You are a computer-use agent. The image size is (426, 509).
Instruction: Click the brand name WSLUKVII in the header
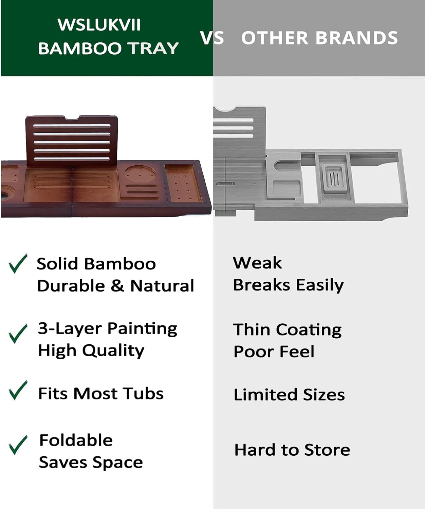point(99,25)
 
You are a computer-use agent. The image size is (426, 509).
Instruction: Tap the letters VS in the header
point(212,38)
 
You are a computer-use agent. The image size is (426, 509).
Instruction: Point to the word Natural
point(162,286)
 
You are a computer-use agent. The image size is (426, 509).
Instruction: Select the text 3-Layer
point(70,328)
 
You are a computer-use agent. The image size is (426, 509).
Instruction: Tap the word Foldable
point(76,440)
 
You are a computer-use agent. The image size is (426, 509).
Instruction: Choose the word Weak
point(257,263)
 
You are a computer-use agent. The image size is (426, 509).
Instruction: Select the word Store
point(327,450)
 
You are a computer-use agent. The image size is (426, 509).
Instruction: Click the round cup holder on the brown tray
point(140,174)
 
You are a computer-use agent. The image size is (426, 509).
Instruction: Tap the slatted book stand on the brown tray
point(72,140)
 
